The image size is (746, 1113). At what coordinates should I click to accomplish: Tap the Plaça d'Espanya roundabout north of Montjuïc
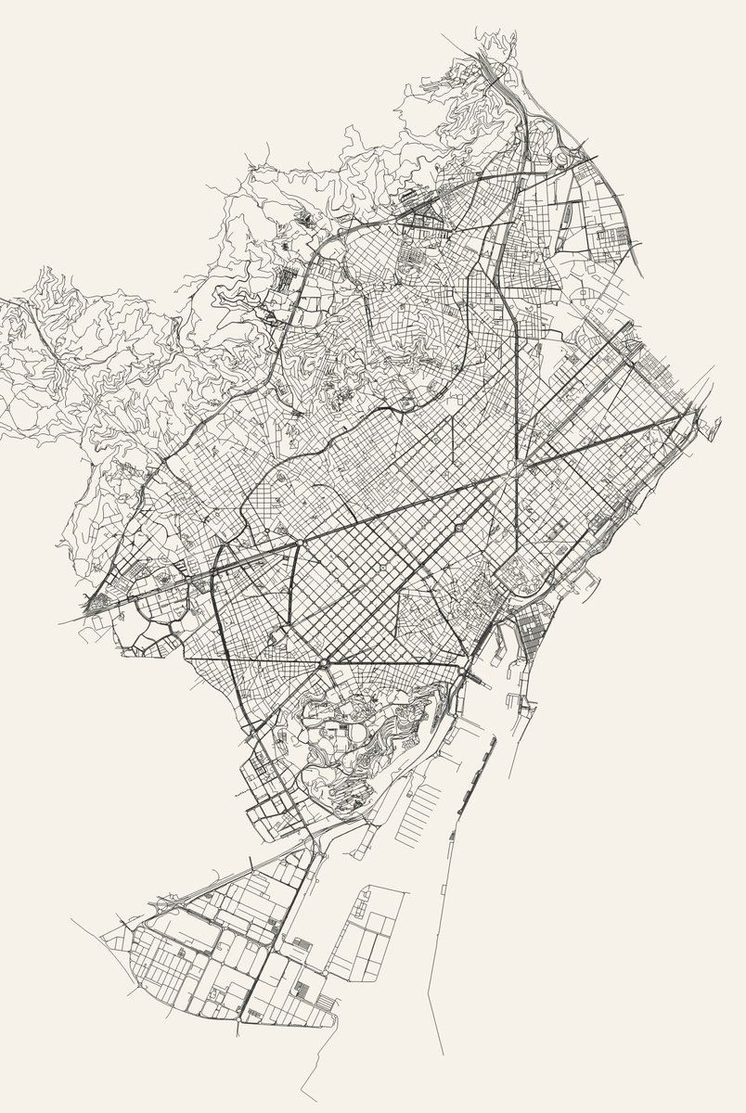(323, 664)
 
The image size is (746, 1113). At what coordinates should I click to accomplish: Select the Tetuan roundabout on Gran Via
(460, 527)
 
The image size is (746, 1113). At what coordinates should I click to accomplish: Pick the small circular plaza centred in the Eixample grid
(381, 566)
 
